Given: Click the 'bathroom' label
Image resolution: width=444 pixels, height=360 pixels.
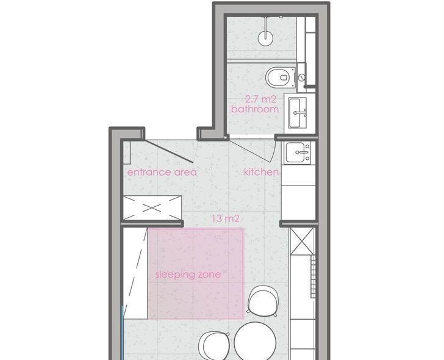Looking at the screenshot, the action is [255, 109].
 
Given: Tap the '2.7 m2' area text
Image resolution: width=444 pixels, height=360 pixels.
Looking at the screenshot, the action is [260, 99].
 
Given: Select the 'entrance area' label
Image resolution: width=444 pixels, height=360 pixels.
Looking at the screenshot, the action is [162, 172].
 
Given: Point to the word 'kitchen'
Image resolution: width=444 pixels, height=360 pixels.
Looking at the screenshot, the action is [261, 171].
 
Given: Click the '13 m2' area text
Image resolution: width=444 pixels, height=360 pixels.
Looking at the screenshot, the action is [226, 218].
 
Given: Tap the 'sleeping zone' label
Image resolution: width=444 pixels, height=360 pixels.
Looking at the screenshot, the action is [188, 274].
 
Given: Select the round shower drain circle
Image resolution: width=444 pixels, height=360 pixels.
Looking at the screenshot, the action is [266, 38].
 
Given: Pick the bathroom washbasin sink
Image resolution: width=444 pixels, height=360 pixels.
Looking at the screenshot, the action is [298, 112].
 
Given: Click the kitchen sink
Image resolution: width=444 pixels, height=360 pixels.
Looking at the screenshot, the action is [298, 153].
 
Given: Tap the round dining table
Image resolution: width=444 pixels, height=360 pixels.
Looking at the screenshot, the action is [255, 341].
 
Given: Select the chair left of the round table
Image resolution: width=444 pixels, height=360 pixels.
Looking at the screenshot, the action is [214, 345].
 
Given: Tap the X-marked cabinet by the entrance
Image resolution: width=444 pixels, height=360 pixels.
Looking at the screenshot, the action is [152, 208].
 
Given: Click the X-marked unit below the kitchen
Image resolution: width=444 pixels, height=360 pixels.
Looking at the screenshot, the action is [303, 241].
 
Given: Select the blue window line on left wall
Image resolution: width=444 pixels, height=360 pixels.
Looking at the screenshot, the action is [123, 333].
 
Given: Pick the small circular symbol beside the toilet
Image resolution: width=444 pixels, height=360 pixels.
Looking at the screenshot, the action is [302, 77].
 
